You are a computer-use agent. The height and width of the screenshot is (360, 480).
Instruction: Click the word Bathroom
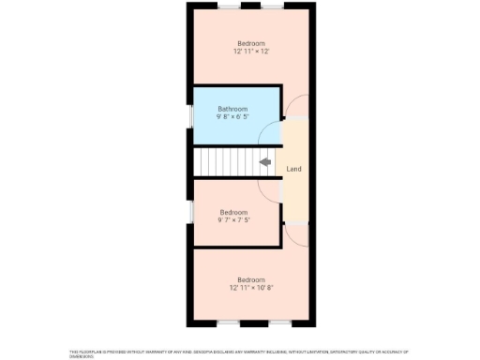pos(233,109)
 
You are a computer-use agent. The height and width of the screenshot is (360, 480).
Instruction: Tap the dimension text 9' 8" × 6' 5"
pos(233,118)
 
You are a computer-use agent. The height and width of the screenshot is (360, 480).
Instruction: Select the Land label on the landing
pos(293,169)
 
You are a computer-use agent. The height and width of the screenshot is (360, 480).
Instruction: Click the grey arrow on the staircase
pos(265,162)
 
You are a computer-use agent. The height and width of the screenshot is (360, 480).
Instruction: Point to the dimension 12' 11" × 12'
pos(250,52)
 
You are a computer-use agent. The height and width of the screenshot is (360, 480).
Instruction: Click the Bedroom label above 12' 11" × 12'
pos(250,43)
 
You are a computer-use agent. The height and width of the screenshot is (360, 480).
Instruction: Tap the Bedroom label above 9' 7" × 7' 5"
pos(233,212)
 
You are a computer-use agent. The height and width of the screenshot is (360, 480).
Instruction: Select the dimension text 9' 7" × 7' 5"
pos(233,221)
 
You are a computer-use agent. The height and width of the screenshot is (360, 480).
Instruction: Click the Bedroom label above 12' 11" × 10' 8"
pos(250,279)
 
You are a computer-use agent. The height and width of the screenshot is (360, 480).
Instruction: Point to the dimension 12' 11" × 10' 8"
pos(250,288)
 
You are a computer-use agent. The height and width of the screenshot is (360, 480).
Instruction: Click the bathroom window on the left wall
pos(191,113)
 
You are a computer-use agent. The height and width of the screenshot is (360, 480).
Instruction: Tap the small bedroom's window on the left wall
pos(191,211)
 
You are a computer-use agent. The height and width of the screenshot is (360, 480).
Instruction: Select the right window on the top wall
pos(274,7)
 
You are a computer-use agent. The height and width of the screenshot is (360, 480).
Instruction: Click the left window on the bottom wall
pos(228,323)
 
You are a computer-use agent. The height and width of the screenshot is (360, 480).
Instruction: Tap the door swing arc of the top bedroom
pos(294,107)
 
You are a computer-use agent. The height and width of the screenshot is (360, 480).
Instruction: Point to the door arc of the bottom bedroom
pos(294,236)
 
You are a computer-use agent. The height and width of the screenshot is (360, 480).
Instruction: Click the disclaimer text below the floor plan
pos(239,352)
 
